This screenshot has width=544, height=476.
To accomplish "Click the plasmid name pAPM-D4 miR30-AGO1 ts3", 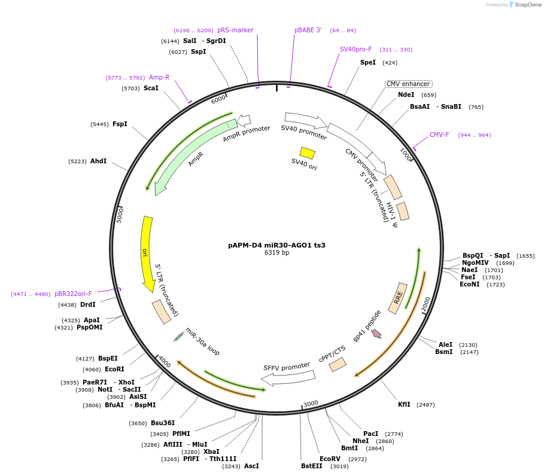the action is [x=276, y=245].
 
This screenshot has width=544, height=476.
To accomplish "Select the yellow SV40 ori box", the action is [x=307, y=153].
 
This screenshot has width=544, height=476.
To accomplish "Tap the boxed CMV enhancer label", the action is [x=408, y=84].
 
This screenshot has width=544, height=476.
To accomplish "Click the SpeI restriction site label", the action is [x=368, y=62].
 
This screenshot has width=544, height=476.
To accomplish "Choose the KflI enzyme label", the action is [x=404, y=405].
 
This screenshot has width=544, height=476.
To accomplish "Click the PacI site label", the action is [x=370, y=434].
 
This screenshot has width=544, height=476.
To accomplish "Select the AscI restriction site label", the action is [x=251, y=466].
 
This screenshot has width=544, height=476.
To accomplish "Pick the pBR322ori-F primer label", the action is [x=73, y=294].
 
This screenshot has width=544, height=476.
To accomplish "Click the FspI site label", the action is [x=120, y=124].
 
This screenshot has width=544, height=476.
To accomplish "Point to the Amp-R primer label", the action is [x=159, y=78].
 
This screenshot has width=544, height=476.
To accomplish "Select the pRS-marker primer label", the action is [x=235, y=30].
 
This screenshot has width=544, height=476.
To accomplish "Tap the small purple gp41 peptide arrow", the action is [x=376, y=334].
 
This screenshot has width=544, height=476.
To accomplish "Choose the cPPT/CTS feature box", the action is [x=338, y=364].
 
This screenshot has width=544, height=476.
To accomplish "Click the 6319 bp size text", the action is [x=276, y=253].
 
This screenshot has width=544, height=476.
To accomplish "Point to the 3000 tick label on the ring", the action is [x=311, y=404].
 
